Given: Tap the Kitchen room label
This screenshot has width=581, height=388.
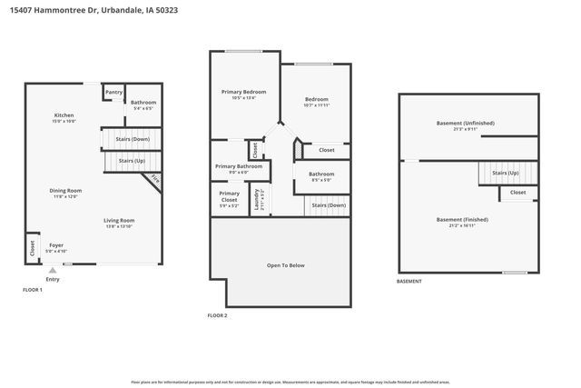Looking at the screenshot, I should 64,116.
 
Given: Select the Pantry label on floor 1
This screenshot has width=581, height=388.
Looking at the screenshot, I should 113,92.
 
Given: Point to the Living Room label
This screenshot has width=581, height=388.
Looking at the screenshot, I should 119,220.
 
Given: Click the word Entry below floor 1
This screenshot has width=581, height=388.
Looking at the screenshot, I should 53,279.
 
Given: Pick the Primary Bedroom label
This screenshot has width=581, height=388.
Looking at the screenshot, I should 242,92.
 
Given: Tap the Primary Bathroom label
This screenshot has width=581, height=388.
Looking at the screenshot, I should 239,166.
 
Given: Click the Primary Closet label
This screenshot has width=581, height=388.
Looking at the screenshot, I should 230,195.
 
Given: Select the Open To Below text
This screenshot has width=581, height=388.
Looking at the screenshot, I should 285,265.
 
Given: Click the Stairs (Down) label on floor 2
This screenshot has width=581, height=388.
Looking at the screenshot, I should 329,205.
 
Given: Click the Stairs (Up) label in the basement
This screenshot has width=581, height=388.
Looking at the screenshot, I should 506,173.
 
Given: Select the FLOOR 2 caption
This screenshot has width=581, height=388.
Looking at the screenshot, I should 217,314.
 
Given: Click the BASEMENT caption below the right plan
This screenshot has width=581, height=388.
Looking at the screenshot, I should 409,282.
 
